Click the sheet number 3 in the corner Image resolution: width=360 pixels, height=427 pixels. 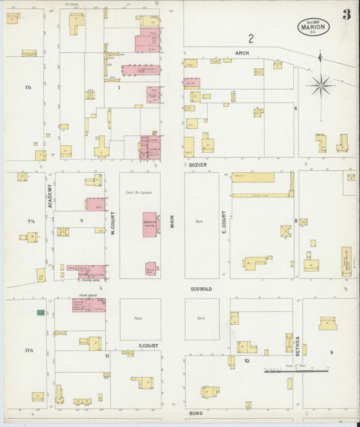[346, 15]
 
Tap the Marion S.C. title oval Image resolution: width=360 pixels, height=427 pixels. [313, 26]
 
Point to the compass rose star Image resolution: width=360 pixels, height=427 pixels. [321, 85]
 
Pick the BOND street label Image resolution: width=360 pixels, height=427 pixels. [196, 412]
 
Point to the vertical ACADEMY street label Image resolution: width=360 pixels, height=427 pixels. [49, 197]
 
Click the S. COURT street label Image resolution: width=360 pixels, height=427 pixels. [148, 345]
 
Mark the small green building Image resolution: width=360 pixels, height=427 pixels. [41, 312]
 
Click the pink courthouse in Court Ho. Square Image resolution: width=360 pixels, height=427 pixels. [149, 224]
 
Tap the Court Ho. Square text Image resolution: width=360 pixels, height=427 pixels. [138, 193]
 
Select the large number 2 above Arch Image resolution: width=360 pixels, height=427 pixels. [251, 38]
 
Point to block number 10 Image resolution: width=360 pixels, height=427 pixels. [247, 361]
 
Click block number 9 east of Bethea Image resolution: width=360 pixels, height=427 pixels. [332, 353]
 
